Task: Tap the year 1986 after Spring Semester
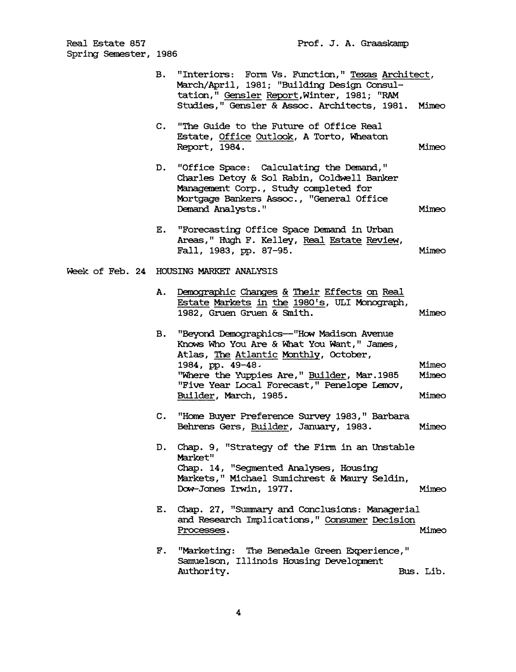click(167, 54)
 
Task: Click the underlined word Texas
click(364, 75)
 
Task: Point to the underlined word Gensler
click(243, 95)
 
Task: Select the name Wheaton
click(369, 137)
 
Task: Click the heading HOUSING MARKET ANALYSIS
click(217, 271)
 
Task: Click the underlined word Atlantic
click(256, 355)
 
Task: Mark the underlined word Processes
click(201, 530)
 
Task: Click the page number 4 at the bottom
click(238, 613)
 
